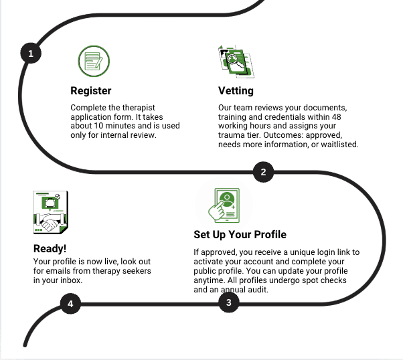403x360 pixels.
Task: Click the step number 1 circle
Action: pos(30,53)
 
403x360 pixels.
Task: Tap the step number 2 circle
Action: pos(263,172)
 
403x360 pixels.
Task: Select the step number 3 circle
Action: pos(229,302)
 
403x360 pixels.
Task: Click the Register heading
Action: pos(91,90)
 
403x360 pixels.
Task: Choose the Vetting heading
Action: pos(236,90)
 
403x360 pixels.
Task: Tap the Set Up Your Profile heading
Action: pos(240,235)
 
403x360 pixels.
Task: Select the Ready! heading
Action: pos(50,249)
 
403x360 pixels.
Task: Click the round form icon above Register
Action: pos(94,62)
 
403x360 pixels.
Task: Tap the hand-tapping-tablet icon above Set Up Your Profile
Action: pos(223,203)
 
